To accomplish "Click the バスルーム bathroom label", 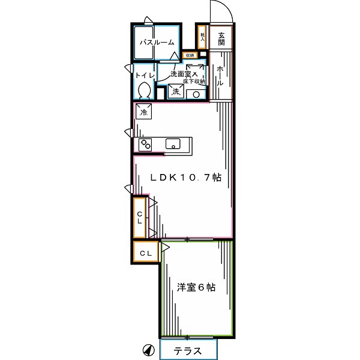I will (x=157, y=43).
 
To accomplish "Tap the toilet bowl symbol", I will (x=143, y=90).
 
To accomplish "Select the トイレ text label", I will (x=144, y=76).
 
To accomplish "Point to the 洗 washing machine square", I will (x=176, y=92).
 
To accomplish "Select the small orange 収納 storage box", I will (x=190, y=56).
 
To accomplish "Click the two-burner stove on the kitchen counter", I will (x=146, y=145).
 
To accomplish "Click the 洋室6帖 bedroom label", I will (x=196, y=287).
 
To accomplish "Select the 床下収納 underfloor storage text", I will (x=195, y=81).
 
